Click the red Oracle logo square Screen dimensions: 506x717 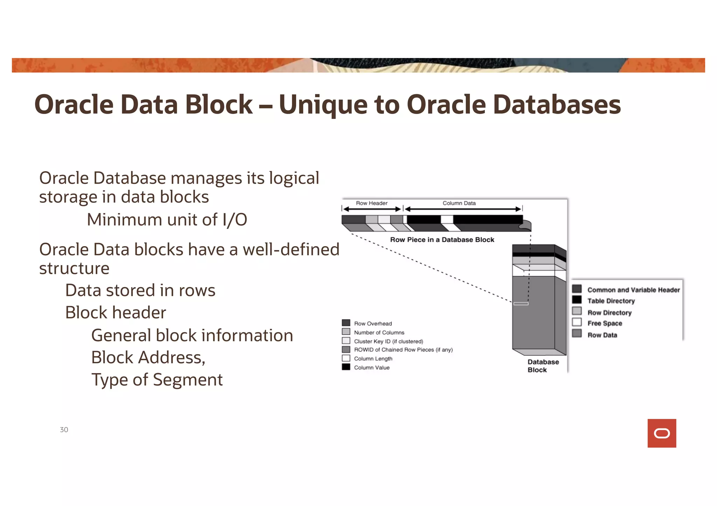[x=661, y=433]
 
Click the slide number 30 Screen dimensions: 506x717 [x=64, y=429]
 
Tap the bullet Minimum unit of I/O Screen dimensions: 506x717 [x=167, y=220]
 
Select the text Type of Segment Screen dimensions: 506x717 [x=157, y=379]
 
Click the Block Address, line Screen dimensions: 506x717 [x=148, y=357]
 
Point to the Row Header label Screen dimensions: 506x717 [x=371, y=203]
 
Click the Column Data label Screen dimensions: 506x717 [x=459, y=203]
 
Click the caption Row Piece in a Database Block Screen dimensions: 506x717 [x=442, y=240]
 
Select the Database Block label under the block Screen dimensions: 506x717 [x=543, y=366]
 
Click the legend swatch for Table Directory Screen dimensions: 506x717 [x=577, y=300]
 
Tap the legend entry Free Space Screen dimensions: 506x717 [x=604, y=323]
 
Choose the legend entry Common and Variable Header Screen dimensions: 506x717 [x=633, y=290]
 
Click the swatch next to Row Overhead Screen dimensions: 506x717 [x=346, y=323]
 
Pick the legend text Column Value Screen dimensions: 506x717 [x=371, y=368]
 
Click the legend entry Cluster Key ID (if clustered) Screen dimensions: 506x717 [x=388, y=341]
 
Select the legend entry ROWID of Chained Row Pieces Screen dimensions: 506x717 [x=403, y=350]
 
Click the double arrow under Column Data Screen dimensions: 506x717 [x=463, y=209]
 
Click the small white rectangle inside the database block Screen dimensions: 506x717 [x=521, y=304]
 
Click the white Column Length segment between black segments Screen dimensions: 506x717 [x=447, y=219]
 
